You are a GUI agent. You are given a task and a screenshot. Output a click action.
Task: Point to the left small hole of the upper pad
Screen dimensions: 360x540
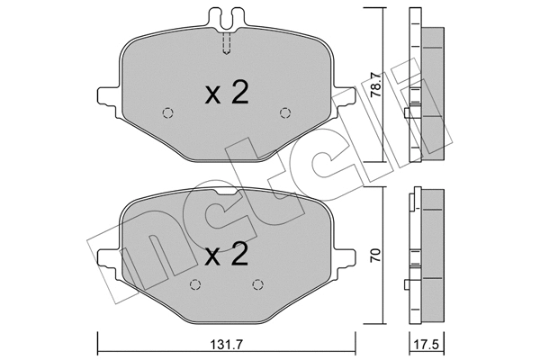point(166,112)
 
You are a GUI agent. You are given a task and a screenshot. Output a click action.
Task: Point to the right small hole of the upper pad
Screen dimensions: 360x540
point(285,112)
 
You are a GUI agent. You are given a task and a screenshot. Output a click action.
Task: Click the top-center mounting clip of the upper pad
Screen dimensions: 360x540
point(226,16)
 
